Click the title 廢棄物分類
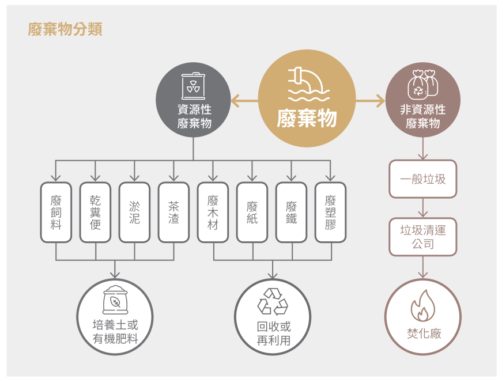[65, 29]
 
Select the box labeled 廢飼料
[56, 213]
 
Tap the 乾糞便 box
[95, 213]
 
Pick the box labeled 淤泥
[134, 213]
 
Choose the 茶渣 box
[173, 213]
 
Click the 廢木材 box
[213, 213]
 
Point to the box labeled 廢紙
[252, 213]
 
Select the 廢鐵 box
[291, 213]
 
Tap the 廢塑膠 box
[330, 213]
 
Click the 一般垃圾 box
[423, 179]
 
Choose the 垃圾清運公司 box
[423, 237]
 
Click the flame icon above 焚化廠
[423, 305]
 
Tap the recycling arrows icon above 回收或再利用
[273, 301]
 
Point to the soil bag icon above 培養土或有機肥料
[115, 300]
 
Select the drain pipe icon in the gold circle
[308, 85]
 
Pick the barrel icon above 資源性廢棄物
[194, 86]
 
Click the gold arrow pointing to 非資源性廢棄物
[370, 101]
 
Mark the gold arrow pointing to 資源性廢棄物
[244, 101]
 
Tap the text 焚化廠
[424, 333]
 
